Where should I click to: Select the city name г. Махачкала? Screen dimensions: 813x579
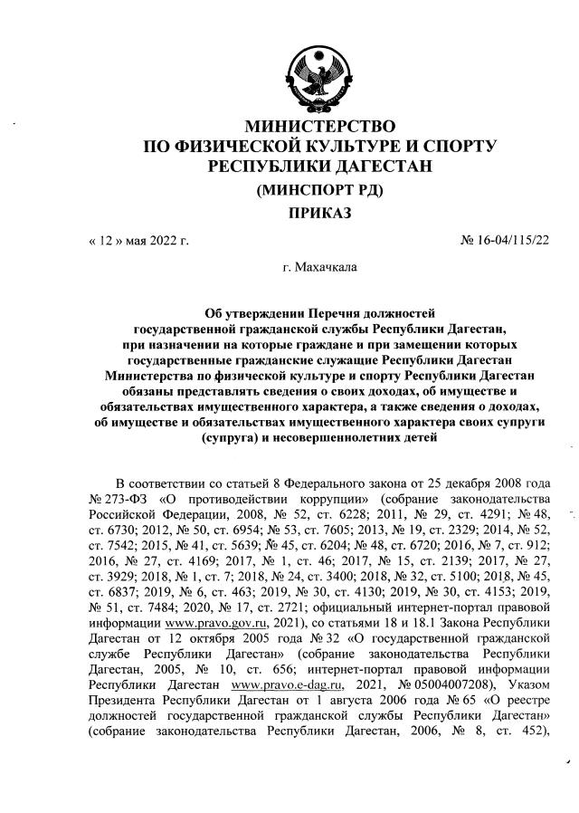[x=319, y=268]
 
